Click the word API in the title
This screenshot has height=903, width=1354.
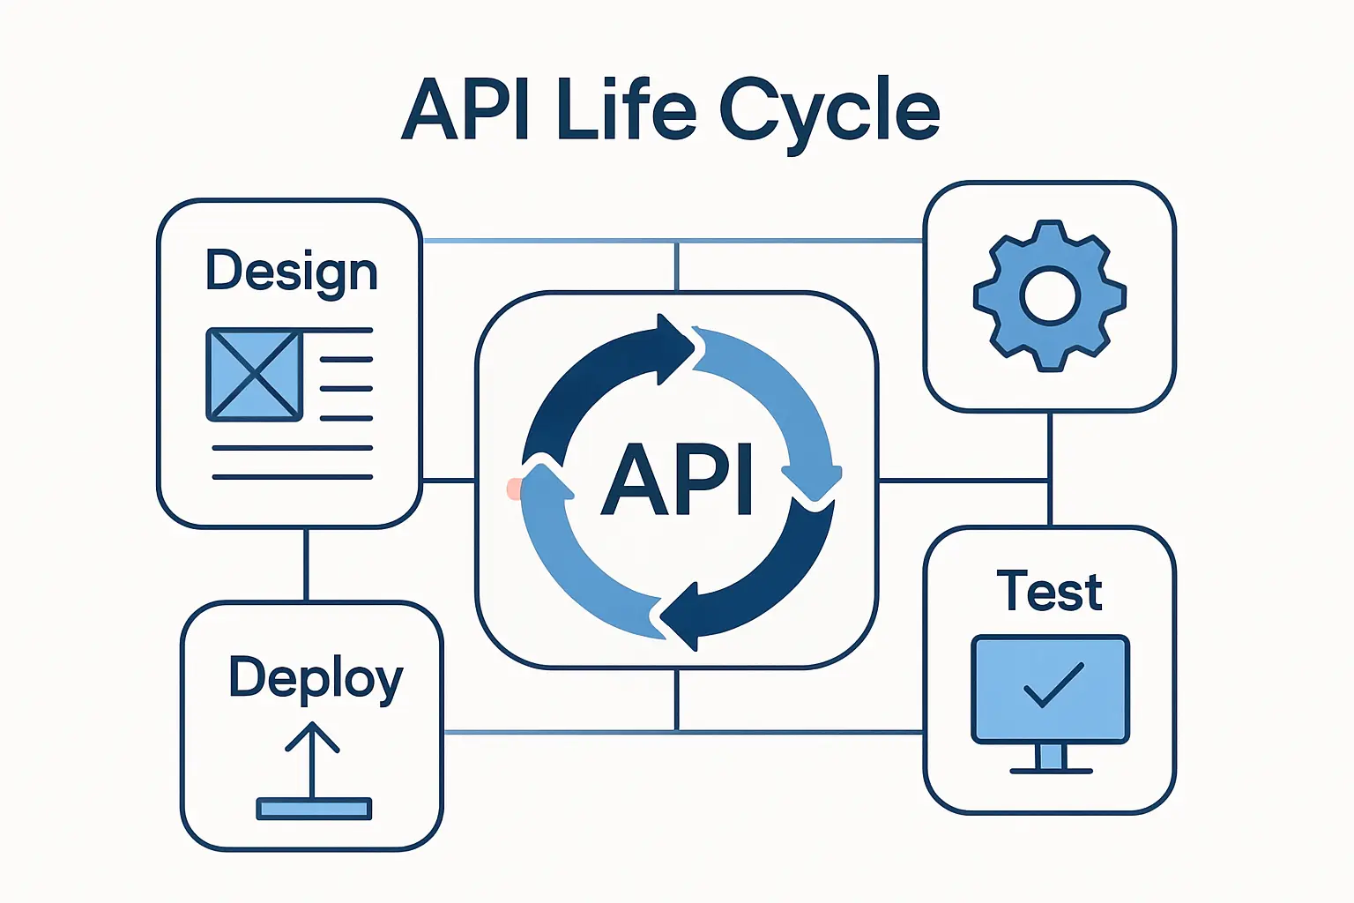(x=465, y=111)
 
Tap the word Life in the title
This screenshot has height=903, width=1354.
(x=627, y=111)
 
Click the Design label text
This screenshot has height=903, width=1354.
(x=291, y=271)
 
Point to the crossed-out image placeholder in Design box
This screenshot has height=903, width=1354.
(x=255, y=375)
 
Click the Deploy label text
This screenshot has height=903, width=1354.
(x=316, y=679)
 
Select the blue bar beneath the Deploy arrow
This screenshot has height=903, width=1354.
(x=314, y=809)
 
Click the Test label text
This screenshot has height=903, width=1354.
(x=1049, y=592)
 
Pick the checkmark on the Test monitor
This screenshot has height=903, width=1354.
(x=1053, y=683)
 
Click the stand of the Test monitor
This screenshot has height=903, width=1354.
(x=1051, y=758)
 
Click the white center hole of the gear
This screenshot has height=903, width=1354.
(x=1049, y=296)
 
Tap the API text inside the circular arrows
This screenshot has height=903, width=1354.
(x=677, y=479)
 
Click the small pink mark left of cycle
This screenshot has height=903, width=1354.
(x=513, y=489)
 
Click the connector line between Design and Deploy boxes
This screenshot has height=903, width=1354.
(x=306, y=564)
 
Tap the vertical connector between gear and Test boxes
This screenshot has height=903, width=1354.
(x=1049, y=467)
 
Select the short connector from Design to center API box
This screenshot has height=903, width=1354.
(x=449, y=481)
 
